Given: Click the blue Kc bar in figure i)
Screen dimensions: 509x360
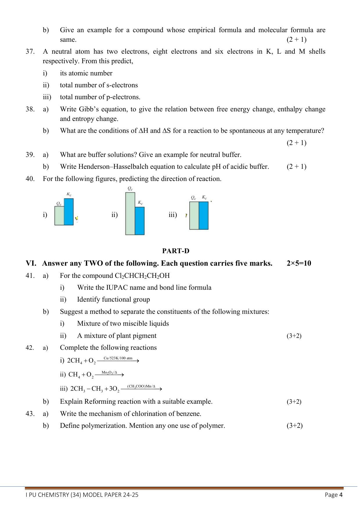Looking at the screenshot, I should coord(69,212).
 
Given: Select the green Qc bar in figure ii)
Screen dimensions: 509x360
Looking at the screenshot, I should coord(130,213).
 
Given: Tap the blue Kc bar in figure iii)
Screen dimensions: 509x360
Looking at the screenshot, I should coord(204,215).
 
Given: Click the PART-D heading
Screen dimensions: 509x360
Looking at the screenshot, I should coord(176,251).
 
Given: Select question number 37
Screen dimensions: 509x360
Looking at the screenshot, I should coord(30,52).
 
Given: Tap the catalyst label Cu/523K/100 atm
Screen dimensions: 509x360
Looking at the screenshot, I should coord(118,358).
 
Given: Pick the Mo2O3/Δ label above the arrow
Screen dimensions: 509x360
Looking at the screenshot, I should coord(109,372).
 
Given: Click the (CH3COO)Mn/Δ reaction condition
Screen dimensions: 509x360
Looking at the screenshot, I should coord(141,386).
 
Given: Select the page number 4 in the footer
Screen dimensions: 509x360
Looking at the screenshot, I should coord(341,495).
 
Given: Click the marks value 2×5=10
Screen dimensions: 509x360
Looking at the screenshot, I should coord(299,263).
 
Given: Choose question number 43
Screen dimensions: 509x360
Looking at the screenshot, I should coord(30,414).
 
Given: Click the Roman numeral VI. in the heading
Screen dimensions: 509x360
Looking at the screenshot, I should coord(31,263).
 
